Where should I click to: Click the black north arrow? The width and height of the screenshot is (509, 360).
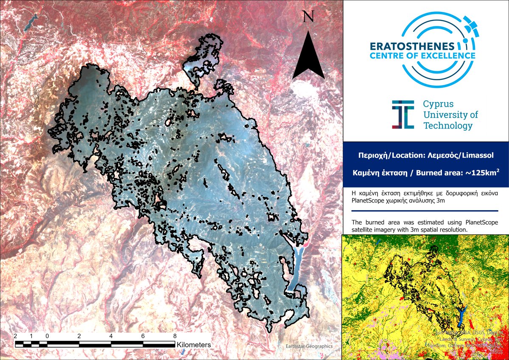308,53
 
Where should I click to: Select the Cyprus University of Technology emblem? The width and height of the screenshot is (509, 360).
403,115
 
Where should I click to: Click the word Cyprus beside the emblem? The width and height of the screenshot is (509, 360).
438,104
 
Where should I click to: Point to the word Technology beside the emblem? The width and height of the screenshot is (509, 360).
447,126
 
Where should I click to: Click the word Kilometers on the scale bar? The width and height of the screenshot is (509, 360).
194,345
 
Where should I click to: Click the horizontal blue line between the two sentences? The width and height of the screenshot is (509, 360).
425,211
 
